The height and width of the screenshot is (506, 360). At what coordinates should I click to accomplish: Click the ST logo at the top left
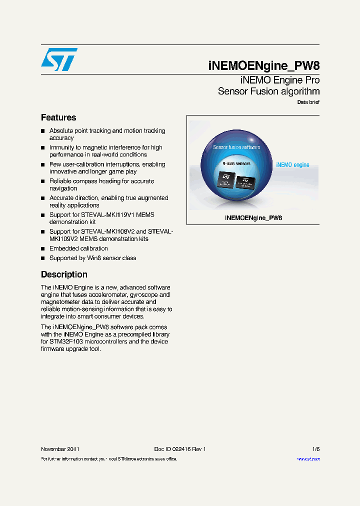[x=59, y=60]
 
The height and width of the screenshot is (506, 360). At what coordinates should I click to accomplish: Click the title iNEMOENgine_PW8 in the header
[x=263, y=65]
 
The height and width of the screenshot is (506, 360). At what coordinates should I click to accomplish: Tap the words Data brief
[x=308, y=102]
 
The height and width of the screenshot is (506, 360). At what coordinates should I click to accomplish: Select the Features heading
[x=58, y=117]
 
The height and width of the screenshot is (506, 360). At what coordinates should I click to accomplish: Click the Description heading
[x=64, y=274]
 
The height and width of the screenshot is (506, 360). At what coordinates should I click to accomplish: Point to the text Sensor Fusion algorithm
[x=268, y=91]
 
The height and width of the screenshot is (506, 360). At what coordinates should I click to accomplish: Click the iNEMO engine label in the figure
[x=292, y=164]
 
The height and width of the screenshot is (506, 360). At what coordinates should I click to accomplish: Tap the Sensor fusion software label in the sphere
[x=236, y=147]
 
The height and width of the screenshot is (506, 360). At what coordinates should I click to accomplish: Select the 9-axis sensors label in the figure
[x=236, y=163]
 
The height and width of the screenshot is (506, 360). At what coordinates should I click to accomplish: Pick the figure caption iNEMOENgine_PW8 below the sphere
[x=253, y=218]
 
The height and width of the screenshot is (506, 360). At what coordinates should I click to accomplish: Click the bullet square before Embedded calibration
[x=43, y=248]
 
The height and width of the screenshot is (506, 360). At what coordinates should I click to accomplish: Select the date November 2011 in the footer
[x=60, y=449]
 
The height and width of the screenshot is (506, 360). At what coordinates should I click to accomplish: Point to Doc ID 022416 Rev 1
[x=179, y=449]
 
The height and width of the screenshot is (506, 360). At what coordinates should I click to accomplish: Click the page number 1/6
[x=315, y=449]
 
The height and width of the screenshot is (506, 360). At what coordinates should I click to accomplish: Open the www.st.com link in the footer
[x=308, y=459]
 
